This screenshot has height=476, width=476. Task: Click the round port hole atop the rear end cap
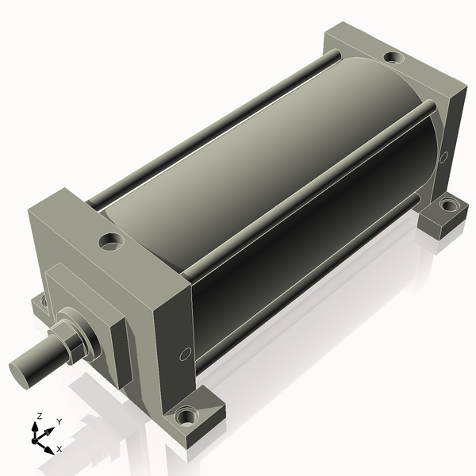pos(392,58)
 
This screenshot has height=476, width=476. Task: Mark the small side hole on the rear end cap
pos(443,156)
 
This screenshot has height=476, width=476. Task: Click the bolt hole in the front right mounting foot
pos(187,415)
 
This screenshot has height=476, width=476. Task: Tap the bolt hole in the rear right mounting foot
pos(448,205)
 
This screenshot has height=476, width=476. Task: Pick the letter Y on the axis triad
pos(59,422)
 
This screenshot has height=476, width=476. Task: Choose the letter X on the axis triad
pos(59,449)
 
